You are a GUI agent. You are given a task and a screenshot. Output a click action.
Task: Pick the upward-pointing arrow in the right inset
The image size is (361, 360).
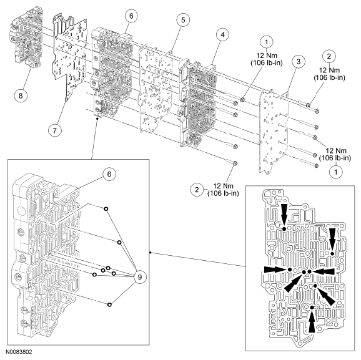tap(311, 319)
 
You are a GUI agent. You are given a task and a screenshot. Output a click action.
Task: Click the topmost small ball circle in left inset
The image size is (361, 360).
tap(106, 209)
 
